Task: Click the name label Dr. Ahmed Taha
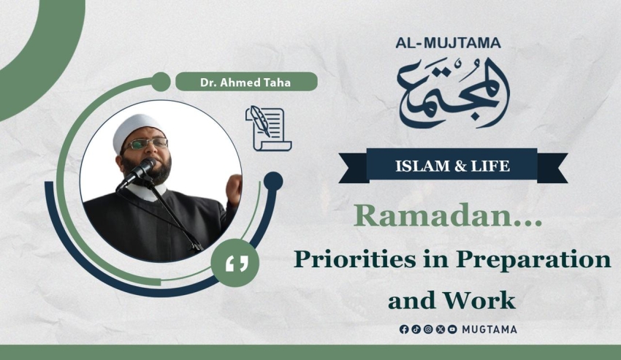245,83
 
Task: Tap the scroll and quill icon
269,129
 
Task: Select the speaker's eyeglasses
145,144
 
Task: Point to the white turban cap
137,129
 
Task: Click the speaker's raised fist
234,187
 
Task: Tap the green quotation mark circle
235,263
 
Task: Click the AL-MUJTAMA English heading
448,43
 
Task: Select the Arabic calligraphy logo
453,93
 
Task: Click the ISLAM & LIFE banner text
452,166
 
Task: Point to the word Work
479,300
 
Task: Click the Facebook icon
404,329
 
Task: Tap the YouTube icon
452,329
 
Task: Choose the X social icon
441,329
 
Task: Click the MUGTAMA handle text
489,329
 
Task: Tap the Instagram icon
428,329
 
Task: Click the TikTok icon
416,329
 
